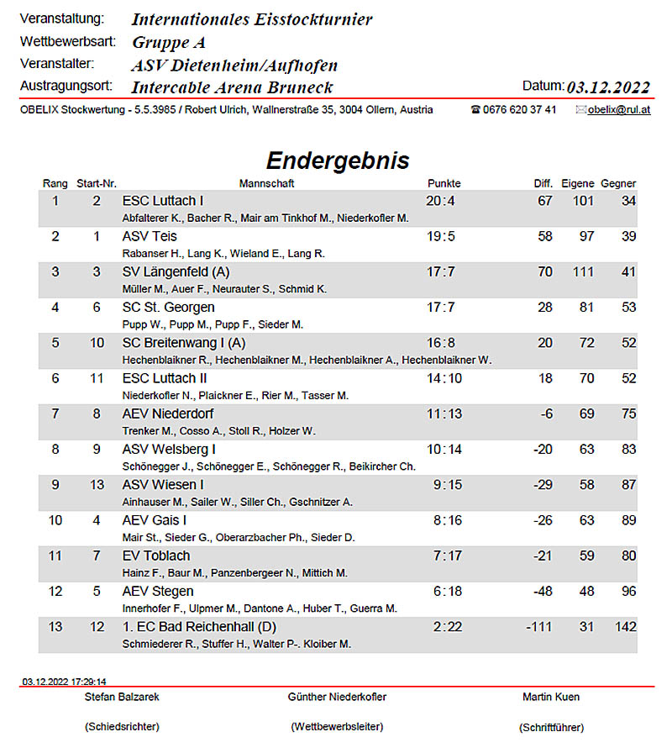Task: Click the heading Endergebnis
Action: [x=338, y=161]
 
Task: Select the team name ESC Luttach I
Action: [x=163, y=201]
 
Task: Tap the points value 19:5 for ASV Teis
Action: [x=440, y=236]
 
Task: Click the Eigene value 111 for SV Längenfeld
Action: [x=581, y=271]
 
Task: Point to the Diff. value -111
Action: [x=538, y=627]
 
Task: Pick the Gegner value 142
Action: [x=625, y=627]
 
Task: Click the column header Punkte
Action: [x=444, y=183]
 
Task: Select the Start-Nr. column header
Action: [x=96, y=183]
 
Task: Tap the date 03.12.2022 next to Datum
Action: [x=609, y=87]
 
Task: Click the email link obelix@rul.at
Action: [x=618, y=109]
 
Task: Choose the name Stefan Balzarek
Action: [x=122, y=697]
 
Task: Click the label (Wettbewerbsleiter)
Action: [x=337, y=726]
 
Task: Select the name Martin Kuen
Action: [x=551, y=697]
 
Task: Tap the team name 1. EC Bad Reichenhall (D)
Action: [x=199, y=627]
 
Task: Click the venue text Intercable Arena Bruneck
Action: [x=232, y=87]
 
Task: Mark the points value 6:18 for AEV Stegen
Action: [x=448, y=591]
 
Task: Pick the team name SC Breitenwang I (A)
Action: [x=184, y=343]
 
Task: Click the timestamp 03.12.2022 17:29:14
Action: [x=65, y=682]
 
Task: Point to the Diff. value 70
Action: [x=544, y=271]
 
